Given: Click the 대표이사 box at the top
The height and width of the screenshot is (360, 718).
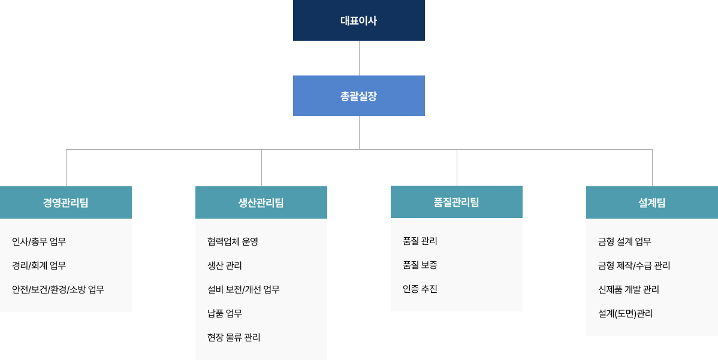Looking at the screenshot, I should tap(358, 20).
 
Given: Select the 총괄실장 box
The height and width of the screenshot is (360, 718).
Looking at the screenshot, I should tap(358, 96).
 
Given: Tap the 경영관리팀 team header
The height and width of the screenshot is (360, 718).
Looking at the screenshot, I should tap(66, 202).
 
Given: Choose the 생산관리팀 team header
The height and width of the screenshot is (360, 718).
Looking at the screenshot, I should tap(261, 202).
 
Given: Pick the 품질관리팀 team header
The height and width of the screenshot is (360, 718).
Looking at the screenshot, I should tap(457, 202).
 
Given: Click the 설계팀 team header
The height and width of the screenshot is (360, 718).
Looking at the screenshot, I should tap(652, 202).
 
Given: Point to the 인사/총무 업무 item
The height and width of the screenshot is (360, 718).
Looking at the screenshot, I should tap(39, 241).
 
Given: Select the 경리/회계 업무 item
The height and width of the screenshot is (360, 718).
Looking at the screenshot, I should tap(39, 265).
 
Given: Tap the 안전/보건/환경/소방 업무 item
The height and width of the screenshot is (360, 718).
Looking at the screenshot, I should tap(58, 289).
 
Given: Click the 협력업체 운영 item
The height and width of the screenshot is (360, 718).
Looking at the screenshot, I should tap(233, 241).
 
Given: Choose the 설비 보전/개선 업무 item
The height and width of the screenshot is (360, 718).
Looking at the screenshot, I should tap(243, 289).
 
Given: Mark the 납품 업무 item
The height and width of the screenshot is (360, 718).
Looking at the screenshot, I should tap(225, 313).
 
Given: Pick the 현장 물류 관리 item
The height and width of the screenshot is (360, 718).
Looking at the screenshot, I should tap(234, 337).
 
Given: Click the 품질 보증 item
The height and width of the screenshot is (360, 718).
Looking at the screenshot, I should tap(420, 265).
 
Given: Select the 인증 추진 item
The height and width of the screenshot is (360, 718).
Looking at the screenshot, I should tap(420, 289).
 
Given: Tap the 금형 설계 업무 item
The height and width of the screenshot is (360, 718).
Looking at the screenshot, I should tap(625, 241).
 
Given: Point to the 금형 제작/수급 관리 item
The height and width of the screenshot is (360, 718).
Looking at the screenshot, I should tap(634, 265).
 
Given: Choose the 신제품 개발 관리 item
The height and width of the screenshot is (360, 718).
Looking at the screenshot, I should tap(629, 289).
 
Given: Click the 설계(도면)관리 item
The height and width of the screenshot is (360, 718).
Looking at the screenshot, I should tap(625, 313).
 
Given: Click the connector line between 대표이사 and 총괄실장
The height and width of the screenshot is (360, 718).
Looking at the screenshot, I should tap(359, 58).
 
